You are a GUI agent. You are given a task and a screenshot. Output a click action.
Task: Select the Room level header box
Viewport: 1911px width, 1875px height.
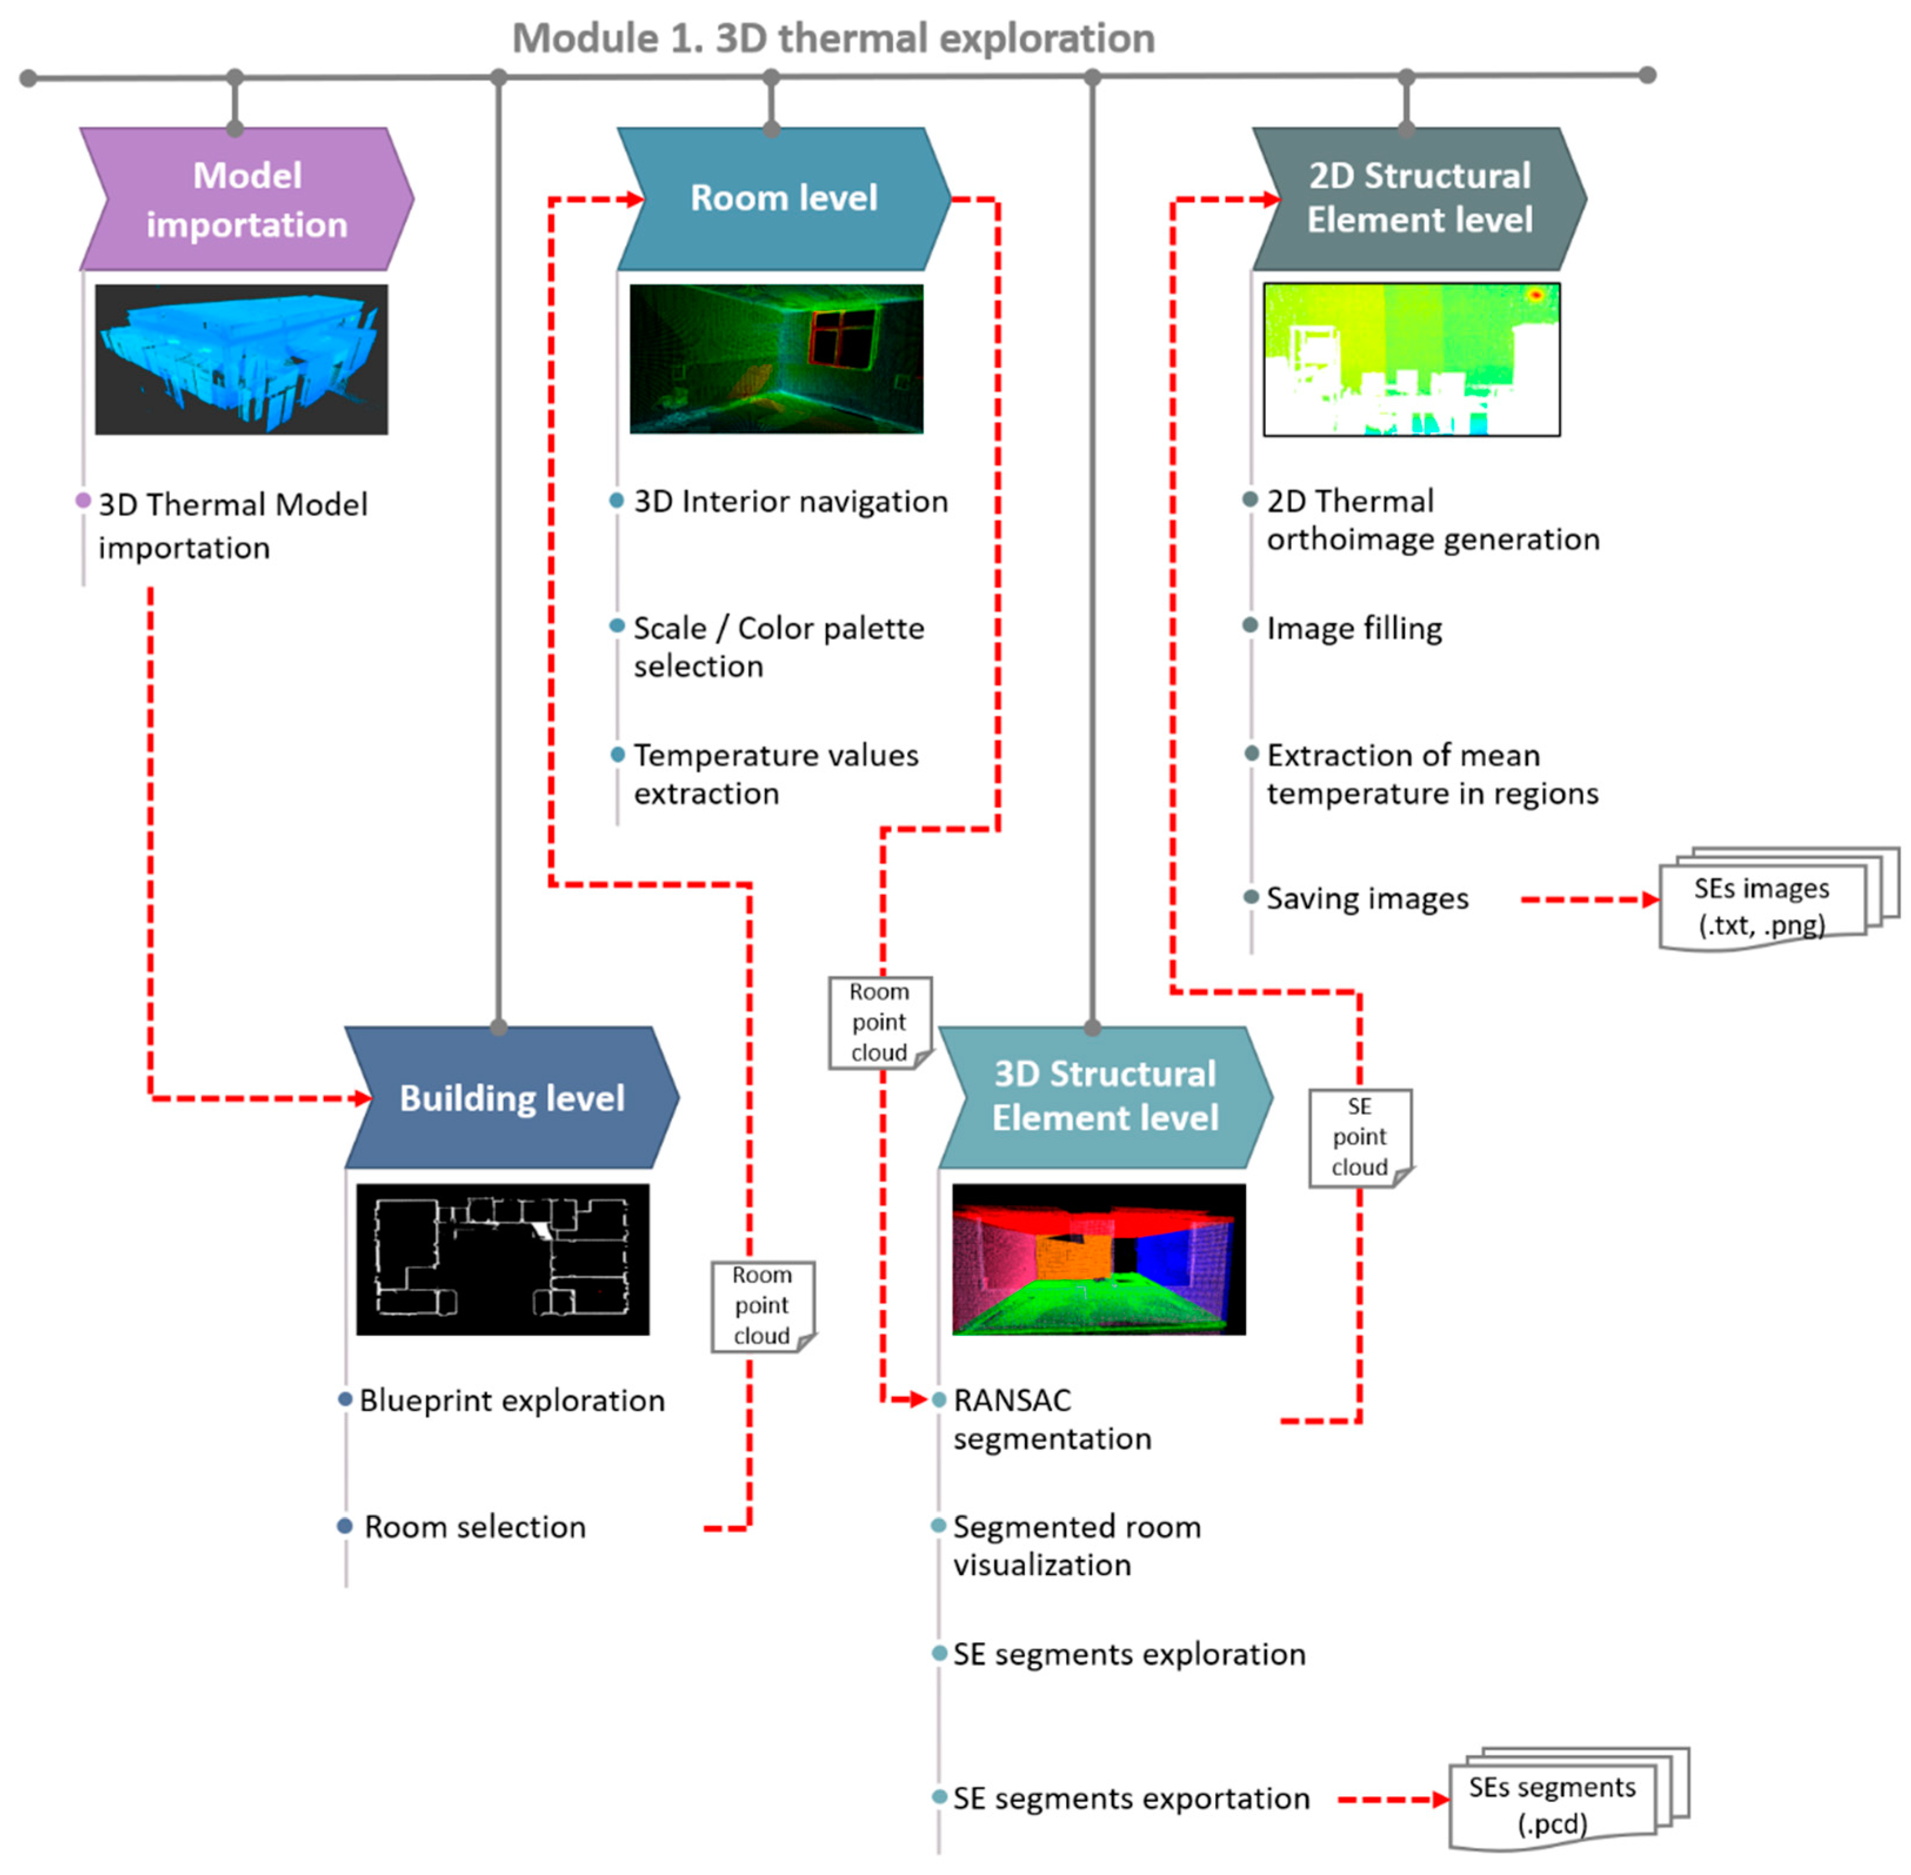(x=783, y=199)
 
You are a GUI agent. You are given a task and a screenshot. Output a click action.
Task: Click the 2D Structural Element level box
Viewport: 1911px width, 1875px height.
(x=1418, y=198)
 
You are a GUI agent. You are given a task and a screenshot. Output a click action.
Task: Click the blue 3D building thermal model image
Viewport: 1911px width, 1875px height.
(x=241, y=359)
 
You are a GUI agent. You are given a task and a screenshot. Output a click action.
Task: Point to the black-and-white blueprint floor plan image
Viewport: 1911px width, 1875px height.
(x=502, y=1259)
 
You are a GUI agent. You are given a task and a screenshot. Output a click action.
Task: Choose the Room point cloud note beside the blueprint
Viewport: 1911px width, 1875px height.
(x=761, y=1306)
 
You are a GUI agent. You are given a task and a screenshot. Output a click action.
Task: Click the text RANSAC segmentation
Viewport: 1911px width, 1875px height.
(x=1051, y=1419)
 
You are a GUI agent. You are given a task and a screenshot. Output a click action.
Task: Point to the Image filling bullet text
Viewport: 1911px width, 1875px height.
(x=1354, y=629)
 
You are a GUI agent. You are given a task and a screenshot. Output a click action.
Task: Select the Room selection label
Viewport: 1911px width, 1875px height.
(x=475, y=1526)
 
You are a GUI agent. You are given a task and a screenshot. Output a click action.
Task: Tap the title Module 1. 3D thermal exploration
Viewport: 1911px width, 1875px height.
(x=833, y=38)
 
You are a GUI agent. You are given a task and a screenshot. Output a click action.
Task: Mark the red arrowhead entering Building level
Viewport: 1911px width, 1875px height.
(x=362, y=1098)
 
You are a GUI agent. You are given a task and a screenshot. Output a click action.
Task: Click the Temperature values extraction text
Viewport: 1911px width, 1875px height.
(x=775, y=774)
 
